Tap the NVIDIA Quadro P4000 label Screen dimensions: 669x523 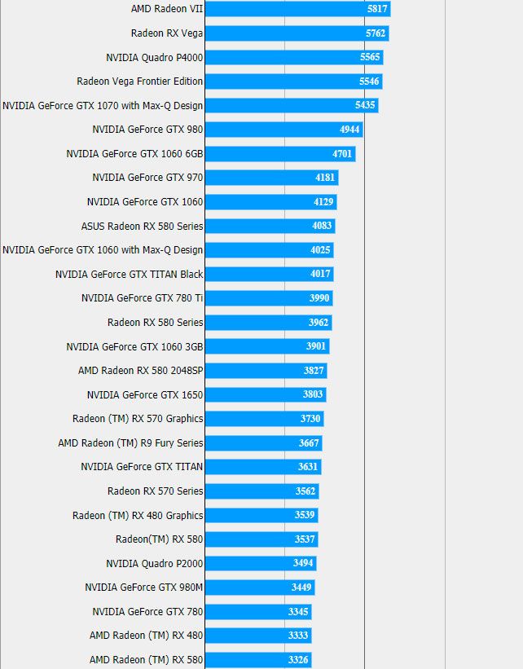[x=155, y=58]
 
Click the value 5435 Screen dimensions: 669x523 [x=365, y=106]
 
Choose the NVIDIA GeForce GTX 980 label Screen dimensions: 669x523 [x=147, y=130]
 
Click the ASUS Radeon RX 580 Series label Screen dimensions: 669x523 [x=143, y=226]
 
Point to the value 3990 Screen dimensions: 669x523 [x=319, y=298]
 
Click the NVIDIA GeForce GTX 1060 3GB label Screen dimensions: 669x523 [x=134, y=346]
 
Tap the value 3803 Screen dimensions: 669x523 [x=313, y=394]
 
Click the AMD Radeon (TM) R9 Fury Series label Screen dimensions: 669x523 [x=130, y=442]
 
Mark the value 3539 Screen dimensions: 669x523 [x=305, y=515]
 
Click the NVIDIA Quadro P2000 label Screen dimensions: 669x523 [x=155, y=563]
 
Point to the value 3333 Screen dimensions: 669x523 [x=298, y=636]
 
